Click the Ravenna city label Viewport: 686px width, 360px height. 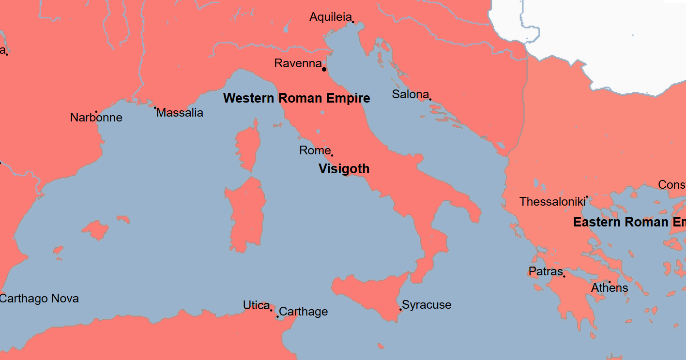pyautogui.click(x=298, y=63)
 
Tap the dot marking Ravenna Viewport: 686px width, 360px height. pyautogui.click(x=324, y=69)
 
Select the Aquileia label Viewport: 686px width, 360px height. pyautogui.click(x=330, y=17)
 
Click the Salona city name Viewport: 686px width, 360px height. pyautogui.click(x=410, y=94)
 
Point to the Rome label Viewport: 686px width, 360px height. pyautogui.click(x=314, y=150)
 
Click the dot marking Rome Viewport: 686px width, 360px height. pyautogui.click(x=332, y=155)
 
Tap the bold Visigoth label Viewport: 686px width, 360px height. pyautogui.click(x=344, y=169)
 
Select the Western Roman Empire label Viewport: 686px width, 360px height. pyautogui.click(x=296, y=98)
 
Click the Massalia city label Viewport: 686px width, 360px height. pyautogui.click(x=180, y=113)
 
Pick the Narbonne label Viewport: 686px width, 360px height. pyautogui.click(x=96, y=118)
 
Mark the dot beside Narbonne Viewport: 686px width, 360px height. pyautogui.click(x=96, y=112)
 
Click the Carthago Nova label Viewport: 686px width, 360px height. pyautogui.click(x=39, y=299)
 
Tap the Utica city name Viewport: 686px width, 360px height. pyautogui.click(x=256, y=305)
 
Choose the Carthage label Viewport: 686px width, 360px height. pyautogui.click(x=304, y=312)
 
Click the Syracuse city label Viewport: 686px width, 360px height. pyautogui.click(x=427, y=305)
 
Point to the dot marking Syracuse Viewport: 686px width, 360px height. pyautogui.click(x=401, y=309)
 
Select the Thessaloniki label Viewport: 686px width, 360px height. pyautogui.click(x=552, y=202)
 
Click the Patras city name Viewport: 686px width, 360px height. pyautogui.click(x=546, y=271)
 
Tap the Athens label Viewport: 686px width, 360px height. pyautogui.click(x=610, y=288)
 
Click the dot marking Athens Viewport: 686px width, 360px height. pyautogui.click(x=610, y=282)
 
